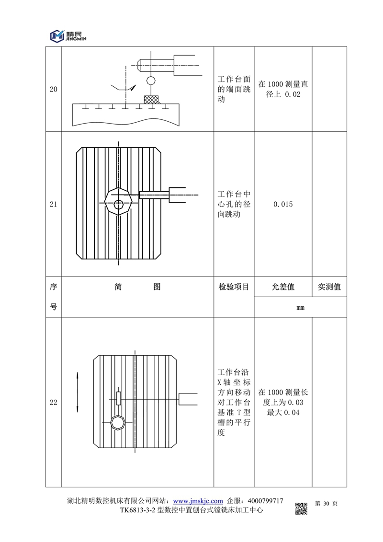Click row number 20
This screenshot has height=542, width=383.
tap(54, 89)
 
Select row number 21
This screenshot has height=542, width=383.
tap(54, 204)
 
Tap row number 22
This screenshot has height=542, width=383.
tap(54, 403)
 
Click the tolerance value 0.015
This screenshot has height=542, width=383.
tap(283, 204)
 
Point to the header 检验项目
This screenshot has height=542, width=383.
tap(234, 287)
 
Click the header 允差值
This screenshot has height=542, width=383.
tap(283, 287)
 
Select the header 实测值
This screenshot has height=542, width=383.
tap(329, 287)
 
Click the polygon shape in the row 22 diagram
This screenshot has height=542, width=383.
tap(118, 422)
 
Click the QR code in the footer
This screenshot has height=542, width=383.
tap(301, 508)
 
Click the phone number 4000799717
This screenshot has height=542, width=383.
tap(263, 501)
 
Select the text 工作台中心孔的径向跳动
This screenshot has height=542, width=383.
tap(234, 204)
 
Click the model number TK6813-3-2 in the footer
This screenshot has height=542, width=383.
tap(138, 511)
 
